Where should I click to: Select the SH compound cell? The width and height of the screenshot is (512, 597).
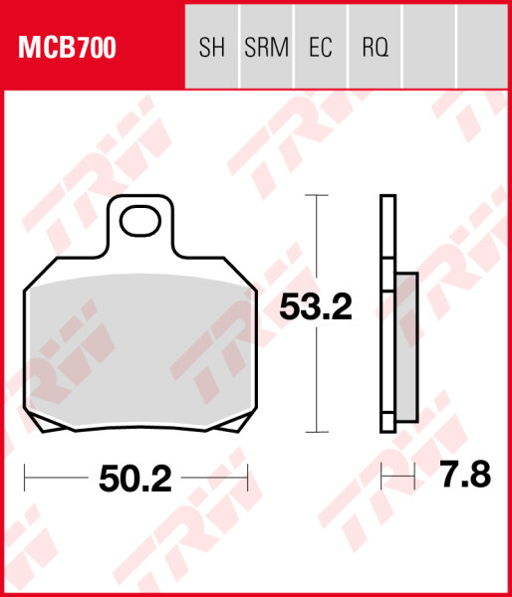coord(213,46)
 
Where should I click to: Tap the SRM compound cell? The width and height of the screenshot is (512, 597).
coord(266,46)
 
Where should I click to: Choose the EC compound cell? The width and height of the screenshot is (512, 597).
coord(321,46)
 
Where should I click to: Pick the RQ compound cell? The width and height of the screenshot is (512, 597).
coord(375,46)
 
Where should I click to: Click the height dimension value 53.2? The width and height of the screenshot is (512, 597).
coord(315,307)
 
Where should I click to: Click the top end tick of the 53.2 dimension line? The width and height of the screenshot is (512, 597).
coord(316,196)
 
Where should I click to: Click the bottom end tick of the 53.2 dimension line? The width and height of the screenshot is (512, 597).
coord(316,433)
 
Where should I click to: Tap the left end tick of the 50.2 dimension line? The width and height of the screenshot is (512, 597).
coord(25,480)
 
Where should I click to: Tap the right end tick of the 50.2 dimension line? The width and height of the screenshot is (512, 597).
coord(246,480)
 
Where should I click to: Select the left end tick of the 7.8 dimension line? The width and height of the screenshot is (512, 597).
coord(383,480)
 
